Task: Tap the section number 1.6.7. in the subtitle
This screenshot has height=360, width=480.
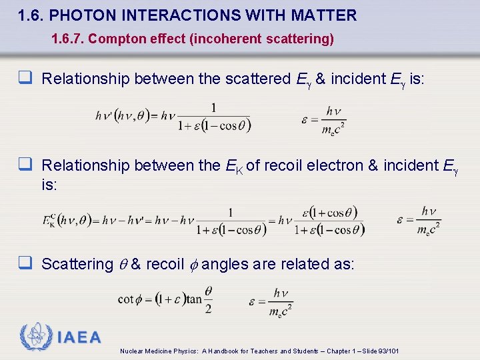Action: tap(67, 39)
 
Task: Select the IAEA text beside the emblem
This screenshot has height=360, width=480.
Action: tap(79, 337)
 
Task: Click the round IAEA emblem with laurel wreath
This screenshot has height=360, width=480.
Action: tap(35, 337)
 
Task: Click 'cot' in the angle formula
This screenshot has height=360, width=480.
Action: tap(126, 299)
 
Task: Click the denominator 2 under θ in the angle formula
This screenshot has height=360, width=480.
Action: tap(208, 308)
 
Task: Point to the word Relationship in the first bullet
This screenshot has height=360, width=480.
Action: tap(85, 79)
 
